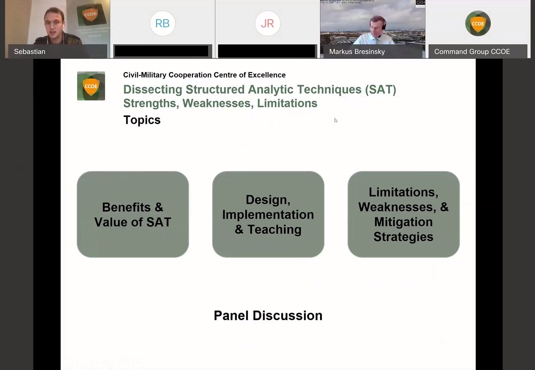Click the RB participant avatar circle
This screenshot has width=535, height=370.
pyautogui.click(x=162, y=23)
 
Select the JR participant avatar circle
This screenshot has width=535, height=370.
pyautogui.click(x=267, y=23)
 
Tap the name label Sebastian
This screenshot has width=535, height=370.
pyautogui.click(x=30, y=52)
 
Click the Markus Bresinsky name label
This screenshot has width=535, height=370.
pyautogui.click(x=357, y=52)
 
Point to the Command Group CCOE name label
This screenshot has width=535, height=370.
pyautogui.click(x=472, y=52)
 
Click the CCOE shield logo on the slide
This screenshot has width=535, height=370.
pyautogui.click(x=91, y=86)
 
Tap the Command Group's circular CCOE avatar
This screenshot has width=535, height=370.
pyautogui.click(x=478, y=23)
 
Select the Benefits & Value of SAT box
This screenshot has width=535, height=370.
pyautogui.click(x=133, y=214)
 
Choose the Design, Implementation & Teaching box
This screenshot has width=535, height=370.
pyautogui.click(x=268, y=214)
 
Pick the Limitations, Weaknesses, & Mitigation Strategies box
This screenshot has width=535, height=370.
pyautogui.click(x=403, y=214)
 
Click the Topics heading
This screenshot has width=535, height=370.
pyautogui.click(x=142, y=120)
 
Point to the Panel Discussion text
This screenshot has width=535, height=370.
pyautogui.click(x=268, y=315)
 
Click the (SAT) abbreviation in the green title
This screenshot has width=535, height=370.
pyautogui.click(x=380, y=90)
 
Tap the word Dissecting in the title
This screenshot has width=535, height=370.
pyautogui.click(x=153, y=90)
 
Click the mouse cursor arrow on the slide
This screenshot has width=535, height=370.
pyautogui.click(x=335, y=120)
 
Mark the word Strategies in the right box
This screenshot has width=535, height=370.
pyautogui.click(x=403, y=237)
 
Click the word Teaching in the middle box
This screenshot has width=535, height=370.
pyautogui.click(x=274, y=229)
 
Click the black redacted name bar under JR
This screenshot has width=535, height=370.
pyautogui.click(x=266, y=51)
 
